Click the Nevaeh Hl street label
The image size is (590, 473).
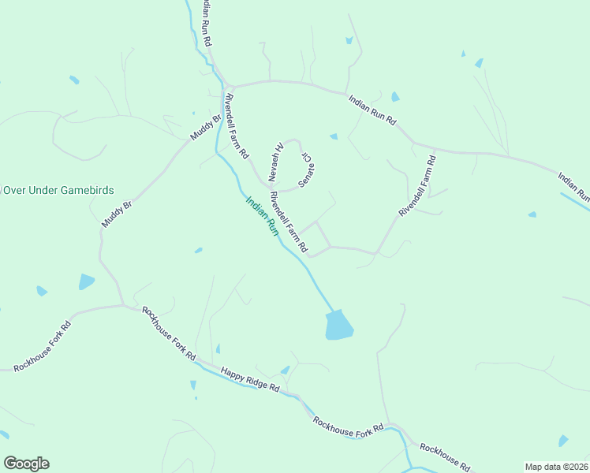[x=278, y=160]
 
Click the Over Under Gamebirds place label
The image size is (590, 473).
[x=59, y=190]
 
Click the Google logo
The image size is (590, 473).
[x=26, y=464]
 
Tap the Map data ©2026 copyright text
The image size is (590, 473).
[x=556, y=467]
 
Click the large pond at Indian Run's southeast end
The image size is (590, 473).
[x=338, y=325]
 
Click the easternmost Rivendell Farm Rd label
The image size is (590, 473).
[x=417, y=186]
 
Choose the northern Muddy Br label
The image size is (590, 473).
[x=204, y=128]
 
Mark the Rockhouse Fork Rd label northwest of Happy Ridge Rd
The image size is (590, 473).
[x=169, y=333]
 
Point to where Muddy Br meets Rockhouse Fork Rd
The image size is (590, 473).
[x=122, y=305]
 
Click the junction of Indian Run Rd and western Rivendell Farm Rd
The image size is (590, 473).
[x=228, y=86]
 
